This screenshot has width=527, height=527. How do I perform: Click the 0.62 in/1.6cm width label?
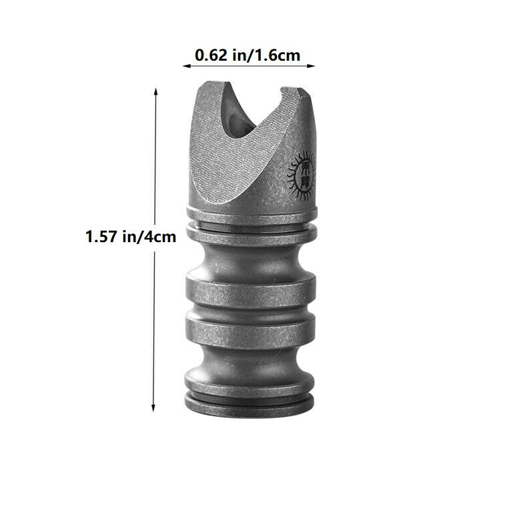pyautogui.click(x=247, y=55)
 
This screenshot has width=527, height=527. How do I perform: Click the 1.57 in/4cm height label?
pyautogui.click(x=131, y=237)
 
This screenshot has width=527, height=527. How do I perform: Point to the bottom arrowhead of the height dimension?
pyautogui.click(x=154, y=408)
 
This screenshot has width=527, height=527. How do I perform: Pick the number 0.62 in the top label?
pyautogui.click(x=208, y=55)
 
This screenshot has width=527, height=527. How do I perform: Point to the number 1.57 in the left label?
pyautogui.click(x=100, y=237)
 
